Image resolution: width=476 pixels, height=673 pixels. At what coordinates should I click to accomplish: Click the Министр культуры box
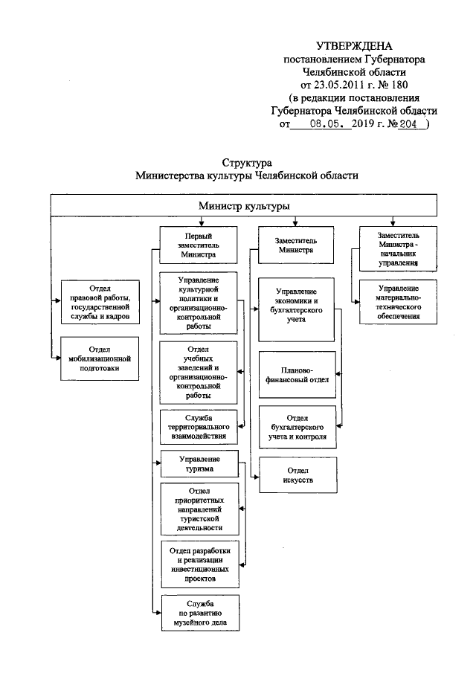click(244, 205)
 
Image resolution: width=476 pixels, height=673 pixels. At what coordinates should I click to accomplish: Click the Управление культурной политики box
click(198, 303)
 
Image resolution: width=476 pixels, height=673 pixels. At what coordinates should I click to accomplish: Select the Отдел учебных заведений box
click(198, 372)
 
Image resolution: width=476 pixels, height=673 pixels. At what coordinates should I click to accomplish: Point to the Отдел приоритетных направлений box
click(198, 508)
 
